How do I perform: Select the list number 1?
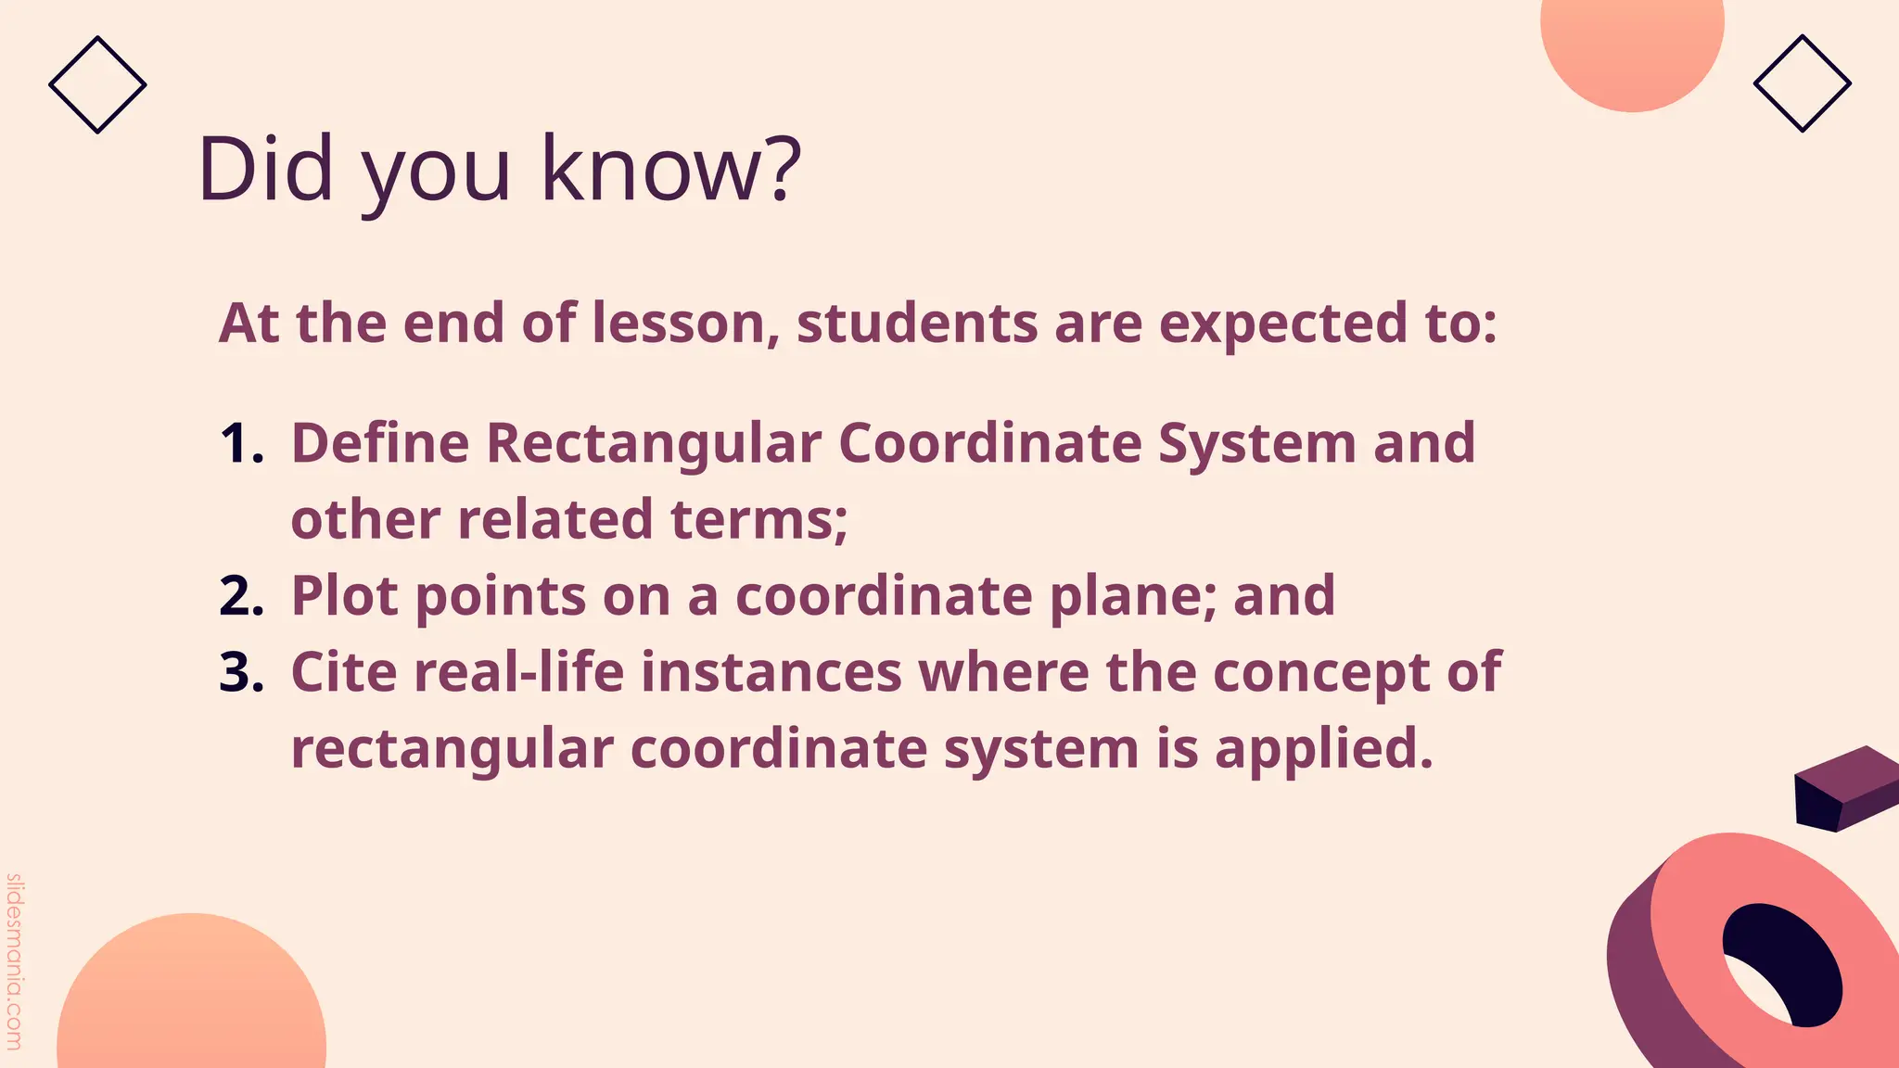click(241, 443)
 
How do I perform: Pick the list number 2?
click(241, 596)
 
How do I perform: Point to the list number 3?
click(241, 672)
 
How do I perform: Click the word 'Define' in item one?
click(380, 443)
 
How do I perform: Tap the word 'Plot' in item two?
click(344, 596)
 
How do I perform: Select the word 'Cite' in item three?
click(344, 672)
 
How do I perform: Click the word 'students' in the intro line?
click(917, 324)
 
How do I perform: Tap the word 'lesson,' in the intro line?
click(685, 325)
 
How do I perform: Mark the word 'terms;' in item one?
click(759, 519)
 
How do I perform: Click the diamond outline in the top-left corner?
click(97, 84)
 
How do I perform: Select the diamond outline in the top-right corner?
click(1802, 83)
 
